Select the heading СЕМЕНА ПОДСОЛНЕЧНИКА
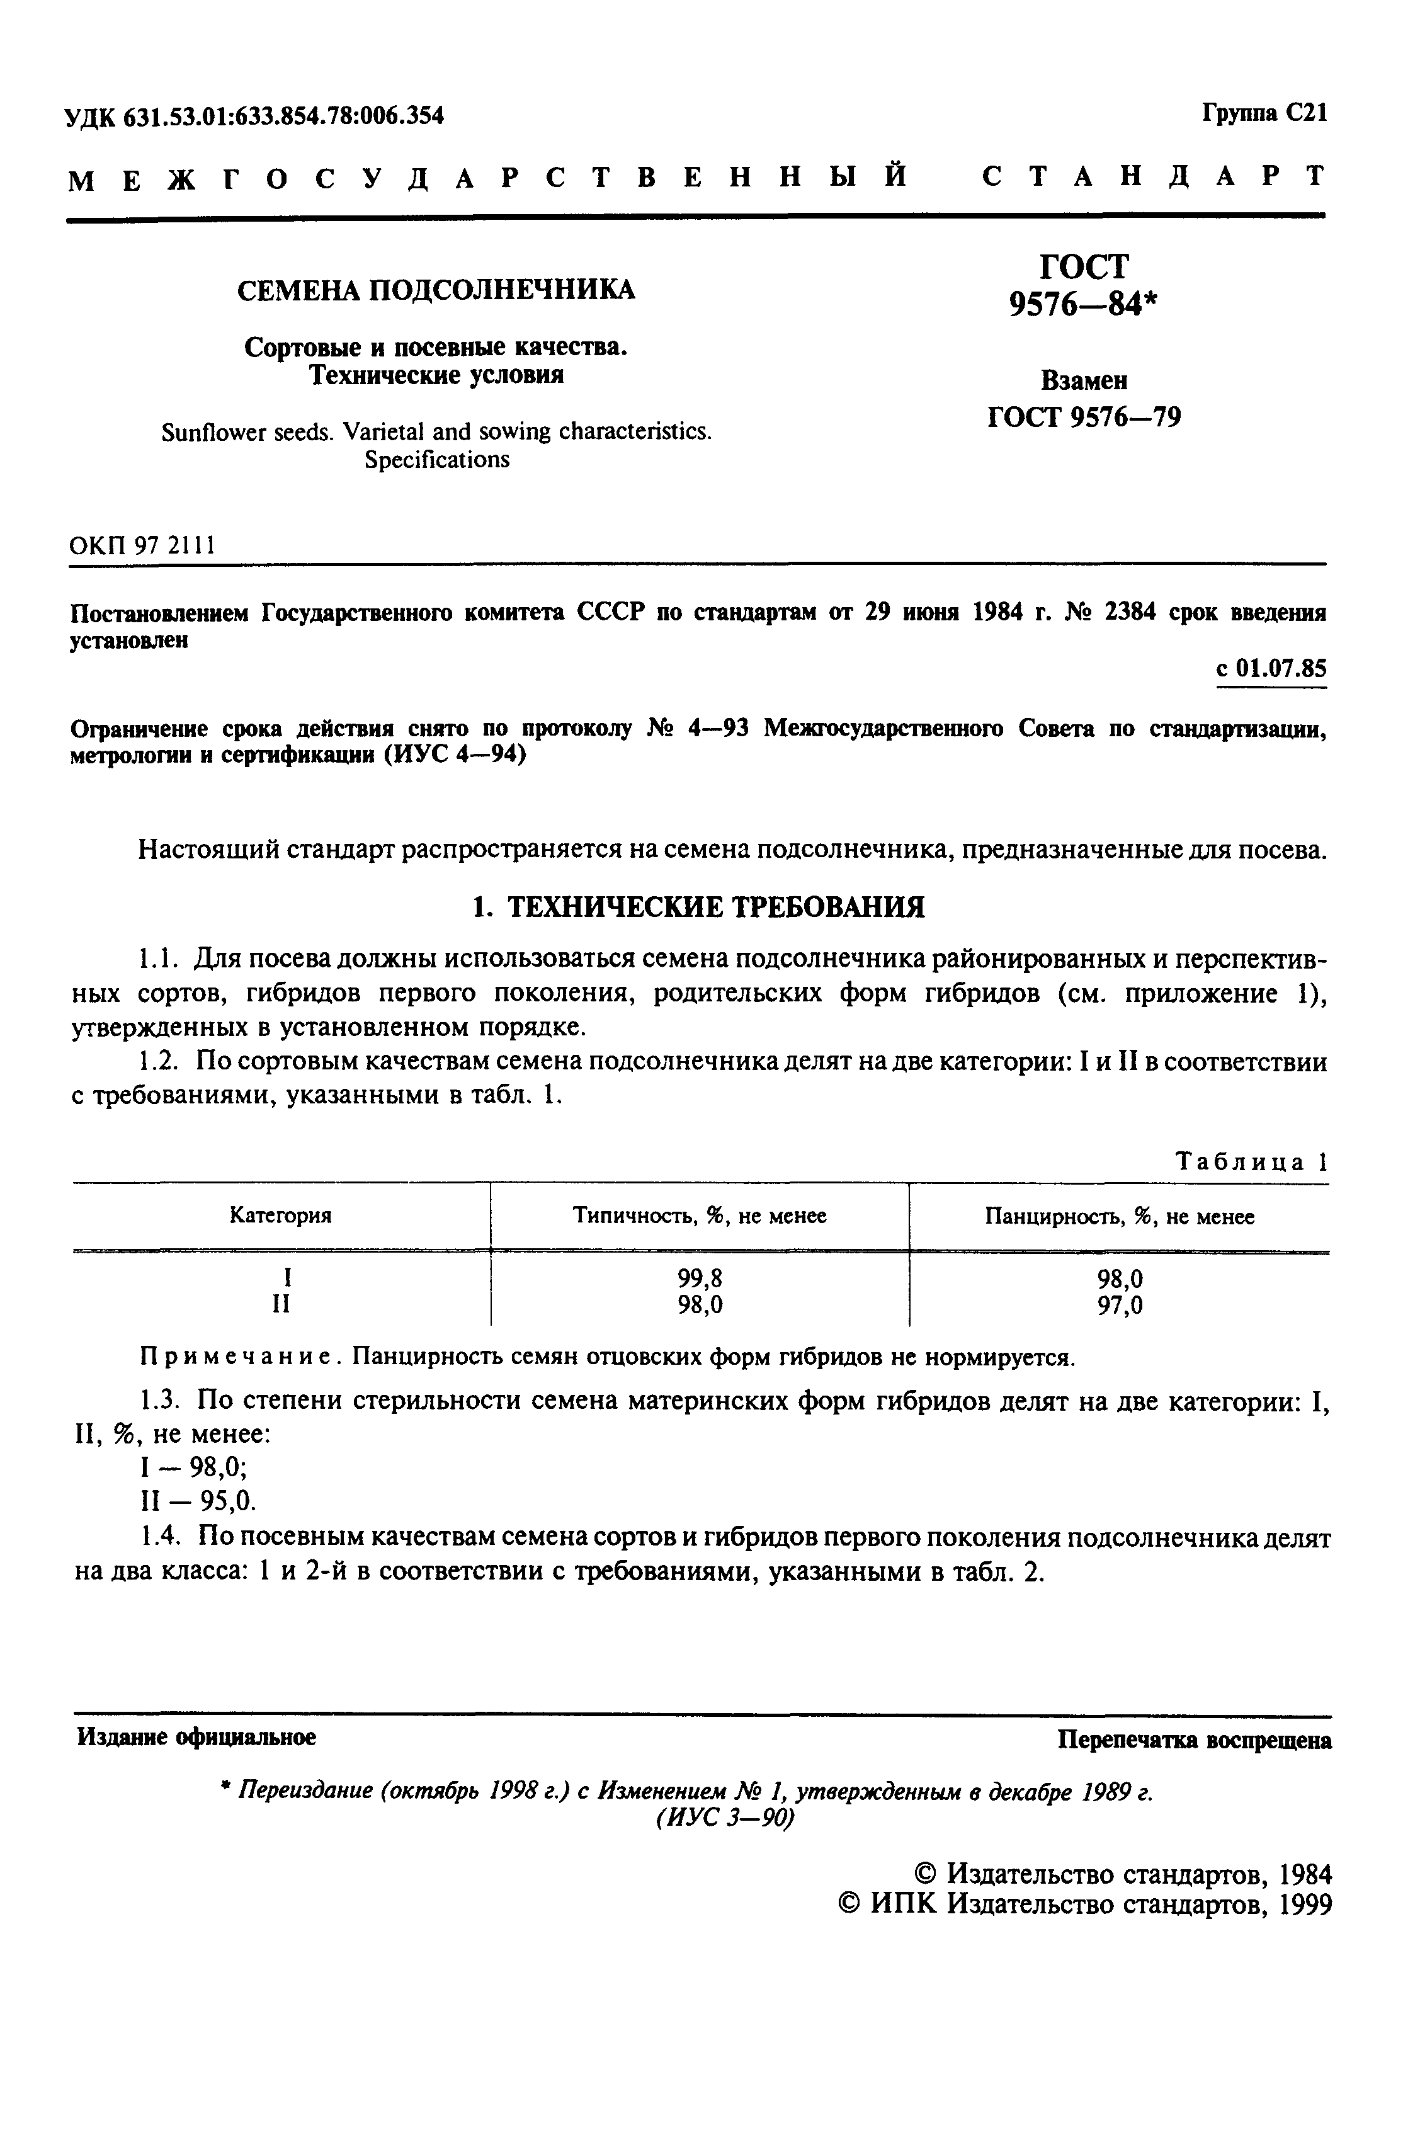pyautogui.click(x=436, y=290)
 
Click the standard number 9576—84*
pyautogui.click(x=1083, y=306)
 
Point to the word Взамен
pyautogui.click(x=1083, y=380)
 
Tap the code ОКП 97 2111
pyautogui.click(x=142, y=546)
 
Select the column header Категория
pyautogui.click(x=281, y=1216)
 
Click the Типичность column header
pyautogui.click(x=699, y=1216)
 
